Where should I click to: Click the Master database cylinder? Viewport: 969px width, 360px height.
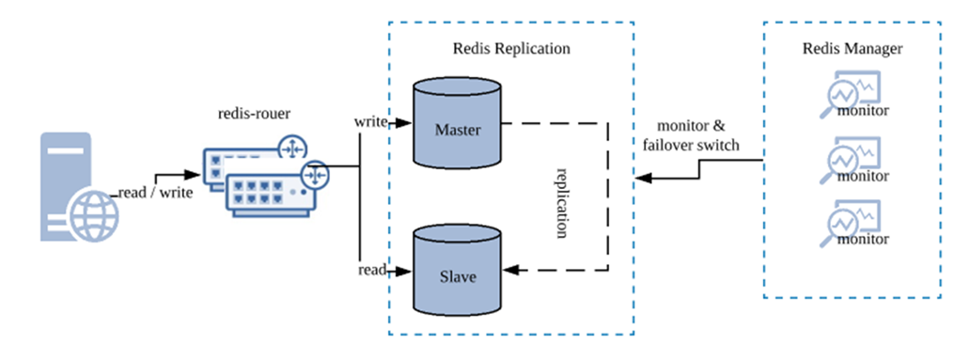click(x=456, y=122)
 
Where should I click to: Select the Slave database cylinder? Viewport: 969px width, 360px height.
click(x=456, y=269)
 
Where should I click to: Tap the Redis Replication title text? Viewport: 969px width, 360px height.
click(x=511, y=48)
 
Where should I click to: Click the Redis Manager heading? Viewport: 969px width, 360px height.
click(x=852, y=48)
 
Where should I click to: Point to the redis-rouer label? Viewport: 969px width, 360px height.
click(x=254, y=114)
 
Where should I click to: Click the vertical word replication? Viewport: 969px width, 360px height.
click(x=561, y=203)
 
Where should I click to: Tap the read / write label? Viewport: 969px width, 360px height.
click(x=155, y=193)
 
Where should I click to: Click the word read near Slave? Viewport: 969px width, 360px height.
click(x=372, y=270)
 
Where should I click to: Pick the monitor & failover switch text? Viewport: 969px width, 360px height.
click(x=691, y=136)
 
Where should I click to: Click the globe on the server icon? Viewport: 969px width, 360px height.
click(x=93, y=218)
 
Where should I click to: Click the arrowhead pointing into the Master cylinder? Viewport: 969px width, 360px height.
click(x=404, y=123)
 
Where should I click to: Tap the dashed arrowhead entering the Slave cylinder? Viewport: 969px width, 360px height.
click(x=511, y=270)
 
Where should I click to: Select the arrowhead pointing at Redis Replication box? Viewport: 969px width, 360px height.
click(x=644, y=179)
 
